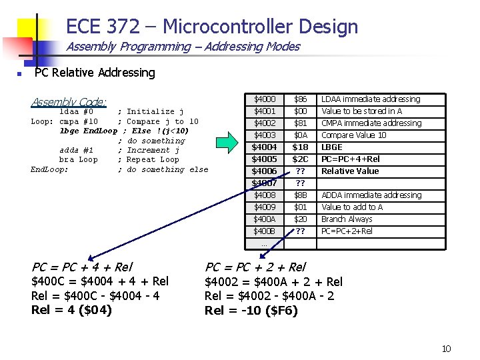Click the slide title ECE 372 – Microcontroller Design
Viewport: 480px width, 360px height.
click(212, 27)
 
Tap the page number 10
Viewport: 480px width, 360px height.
click(446, 349)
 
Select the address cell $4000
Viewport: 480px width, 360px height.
click(265, 99)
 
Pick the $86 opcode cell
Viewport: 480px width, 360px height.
click(300, 99)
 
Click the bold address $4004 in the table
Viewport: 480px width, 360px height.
click(264, 147)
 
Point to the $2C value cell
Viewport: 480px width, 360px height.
click(300, 159)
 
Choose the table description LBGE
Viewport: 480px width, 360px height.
click(332, 147)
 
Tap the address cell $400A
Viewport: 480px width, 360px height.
click(265, 219)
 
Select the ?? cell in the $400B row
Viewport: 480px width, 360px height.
click(300, 231)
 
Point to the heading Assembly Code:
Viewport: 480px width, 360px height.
click(69, 102)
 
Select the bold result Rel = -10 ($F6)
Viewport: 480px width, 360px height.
click(251, 310)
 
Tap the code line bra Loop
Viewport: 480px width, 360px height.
click(79, 160)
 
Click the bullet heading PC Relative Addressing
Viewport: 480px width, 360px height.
click(95, 73)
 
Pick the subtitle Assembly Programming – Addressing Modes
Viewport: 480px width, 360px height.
click(183, 47)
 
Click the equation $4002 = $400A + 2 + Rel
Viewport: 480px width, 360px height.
click(273, 281)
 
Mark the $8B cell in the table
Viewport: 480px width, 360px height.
click(300, 195)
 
